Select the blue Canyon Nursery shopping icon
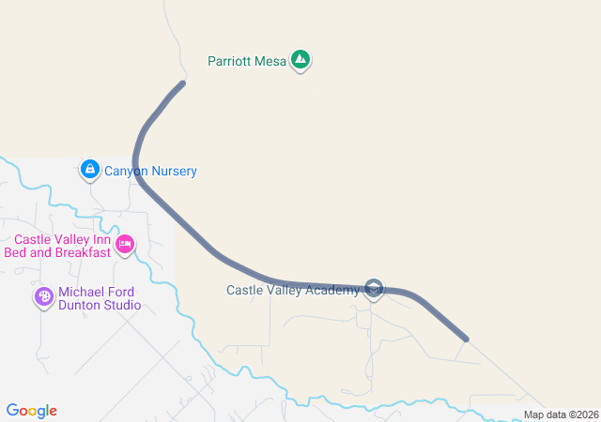[89, 170]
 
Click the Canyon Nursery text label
[150, 172]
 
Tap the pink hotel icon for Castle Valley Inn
[125, 247]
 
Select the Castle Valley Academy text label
[293, 290]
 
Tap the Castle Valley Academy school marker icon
[374, 288]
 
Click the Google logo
[32, 411]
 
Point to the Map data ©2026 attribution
[561, 414]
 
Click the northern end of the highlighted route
[181, 83]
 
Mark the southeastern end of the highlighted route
[466, 338]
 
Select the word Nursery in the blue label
[174, 172]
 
